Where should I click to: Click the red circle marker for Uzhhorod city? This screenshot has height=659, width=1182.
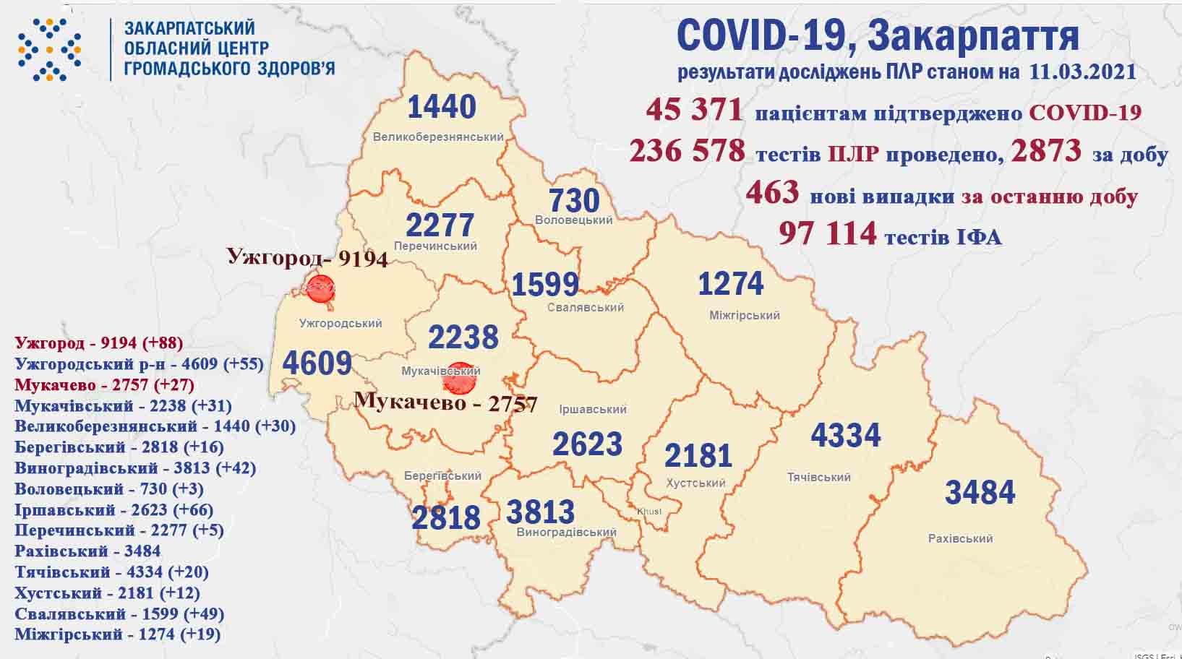(x=320, y=288)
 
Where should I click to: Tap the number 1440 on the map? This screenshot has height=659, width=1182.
(x=442, y=107)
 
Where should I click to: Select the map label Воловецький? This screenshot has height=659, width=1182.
(x=574, y=220)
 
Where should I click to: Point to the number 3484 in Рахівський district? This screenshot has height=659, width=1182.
(x=980, y=493)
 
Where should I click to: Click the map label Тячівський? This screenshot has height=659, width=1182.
(x=818, y=478)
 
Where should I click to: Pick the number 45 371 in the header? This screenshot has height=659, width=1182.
(x=694, y=111)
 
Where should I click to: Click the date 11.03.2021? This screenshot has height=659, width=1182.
(x=1080, y=72)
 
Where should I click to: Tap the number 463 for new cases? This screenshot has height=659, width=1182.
(x=772, y=193)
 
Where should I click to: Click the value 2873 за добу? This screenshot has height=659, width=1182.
(x=1046, y=151)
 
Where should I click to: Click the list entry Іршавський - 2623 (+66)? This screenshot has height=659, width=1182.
(x=114, y=509)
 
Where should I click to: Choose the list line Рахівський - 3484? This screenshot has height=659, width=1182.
(x=87, y=551)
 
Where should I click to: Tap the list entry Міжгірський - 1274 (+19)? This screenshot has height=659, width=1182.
(x=117, y=635)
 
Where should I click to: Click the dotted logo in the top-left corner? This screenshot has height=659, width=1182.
(x=49, y=49)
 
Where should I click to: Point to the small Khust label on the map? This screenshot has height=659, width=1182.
(x=648, y=512)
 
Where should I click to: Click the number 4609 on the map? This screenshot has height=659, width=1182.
(x=317, y=363)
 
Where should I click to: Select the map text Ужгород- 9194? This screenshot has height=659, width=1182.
(x=307, y=257)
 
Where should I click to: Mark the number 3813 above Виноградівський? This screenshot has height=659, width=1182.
(x=540, y=512)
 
